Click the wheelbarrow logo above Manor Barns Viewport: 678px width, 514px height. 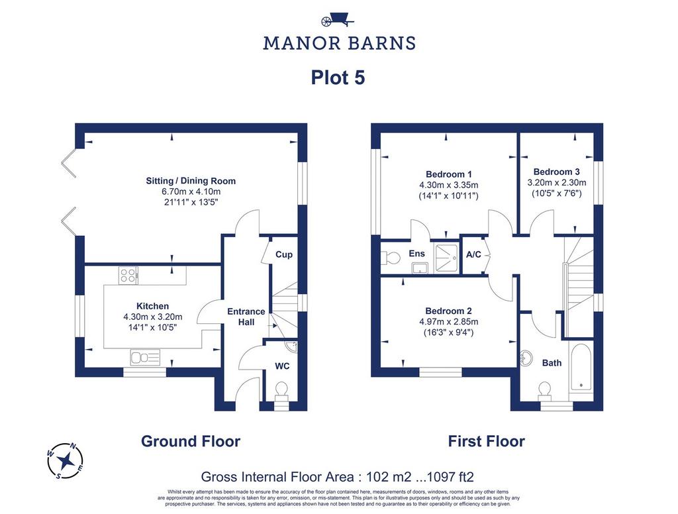pos(338,21)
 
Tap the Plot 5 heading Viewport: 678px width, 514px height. pos(338,78)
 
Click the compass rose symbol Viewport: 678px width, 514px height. pos(66,461)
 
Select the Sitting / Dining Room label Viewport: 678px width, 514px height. pos(191,181)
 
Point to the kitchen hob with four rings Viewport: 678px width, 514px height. pos(128,275)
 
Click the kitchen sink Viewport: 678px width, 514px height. pos(145,358)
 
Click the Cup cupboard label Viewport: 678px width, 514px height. pos(284,254)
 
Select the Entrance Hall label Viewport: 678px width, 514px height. pos(246,317)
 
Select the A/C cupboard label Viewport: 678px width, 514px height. pos(473,254)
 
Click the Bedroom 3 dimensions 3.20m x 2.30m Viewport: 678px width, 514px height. pos(556,183)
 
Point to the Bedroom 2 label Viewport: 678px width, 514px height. pos(448,311)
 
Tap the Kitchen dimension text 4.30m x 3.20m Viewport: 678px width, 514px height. pos(153,317)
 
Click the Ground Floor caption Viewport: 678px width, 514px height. pos(191,441)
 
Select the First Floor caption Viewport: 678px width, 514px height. pos(487,441)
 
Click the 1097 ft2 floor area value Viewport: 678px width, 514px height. pos(450,477)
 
